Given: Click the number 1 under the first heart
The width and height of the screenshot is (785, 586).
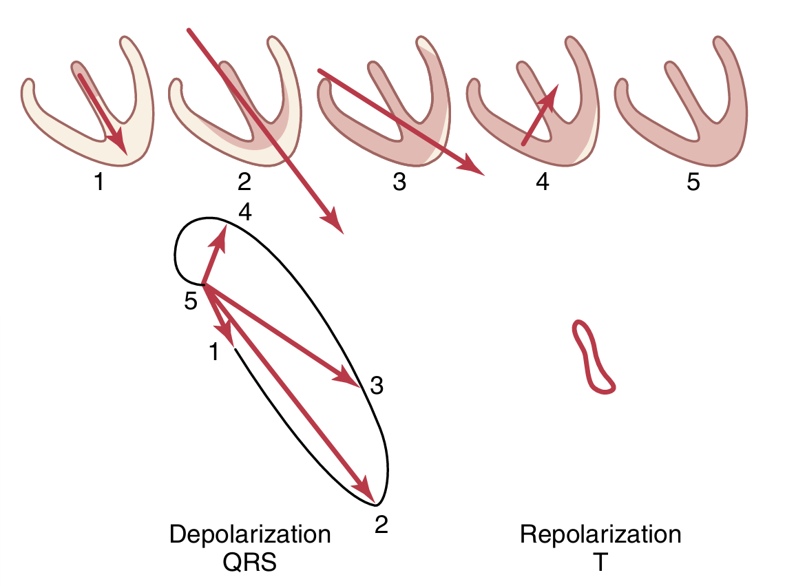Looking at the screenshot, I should (x=101, y=184).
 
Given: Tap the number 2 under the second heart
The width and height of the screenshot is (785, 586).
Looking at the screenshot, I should (x=244, y=184).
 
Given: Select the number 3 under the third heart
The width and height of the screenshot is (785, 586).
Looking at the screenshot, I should (x=399, y=184).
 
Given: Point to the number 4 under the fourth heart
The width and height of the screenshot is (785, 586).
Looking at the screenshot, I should (x=543, y=184).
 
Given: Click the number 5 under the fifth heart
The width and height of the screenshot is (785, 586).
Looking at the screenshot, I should (x=693, y=184).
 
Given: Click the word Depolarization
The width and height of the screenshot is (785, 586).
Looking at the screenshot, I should (x=250, y=535).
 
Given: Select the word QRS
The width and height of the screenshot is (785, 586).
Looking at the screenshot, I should (x=250, y=563).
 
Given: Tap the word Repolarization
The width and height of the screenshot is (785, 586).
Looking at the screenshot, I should (x=600, y=535).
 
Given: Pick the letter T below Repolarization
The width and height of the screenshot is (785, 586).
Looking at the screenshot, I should (x=600, y=563).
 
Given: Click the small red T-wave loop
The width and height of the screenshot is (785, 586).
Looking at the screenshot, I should (x=593, y=357).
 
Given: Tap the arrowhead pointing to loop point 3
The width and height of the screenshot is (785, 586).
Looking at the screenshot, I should (x=348, y=378).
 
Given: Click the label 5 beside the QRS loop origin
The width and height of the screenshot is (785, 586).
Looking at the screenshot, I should (x=191, y=301).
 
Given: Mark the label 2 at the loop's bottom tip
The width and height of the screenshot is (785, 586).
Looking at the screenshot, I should (x=381, y=525).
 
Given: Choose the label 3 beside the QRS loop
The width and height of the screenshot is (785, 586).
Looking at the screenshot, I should (x=376, y=386).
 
